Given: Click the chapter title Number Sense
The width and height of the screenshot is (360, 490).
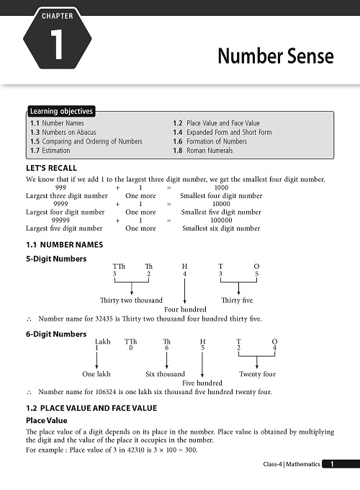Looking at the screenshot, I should (276, 56).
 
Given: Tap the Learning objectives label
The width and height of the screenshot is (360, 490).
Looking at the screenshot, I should (61, 112).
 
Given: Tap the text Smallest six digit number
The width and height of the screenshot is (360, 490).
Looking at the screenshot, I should (220, 228).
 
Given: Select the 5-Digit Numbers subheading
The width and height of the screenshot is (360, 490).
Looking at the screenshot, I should (55, 258).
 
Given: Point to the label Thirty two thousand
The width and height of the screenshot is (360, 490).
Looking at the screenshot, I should (130, 300).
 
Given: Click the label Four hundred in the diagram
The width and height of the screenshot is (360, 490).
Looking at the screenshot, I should (185, 309).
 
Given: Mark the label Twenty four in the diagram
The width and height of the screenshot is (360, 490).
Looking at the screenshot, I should (257, 374).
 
